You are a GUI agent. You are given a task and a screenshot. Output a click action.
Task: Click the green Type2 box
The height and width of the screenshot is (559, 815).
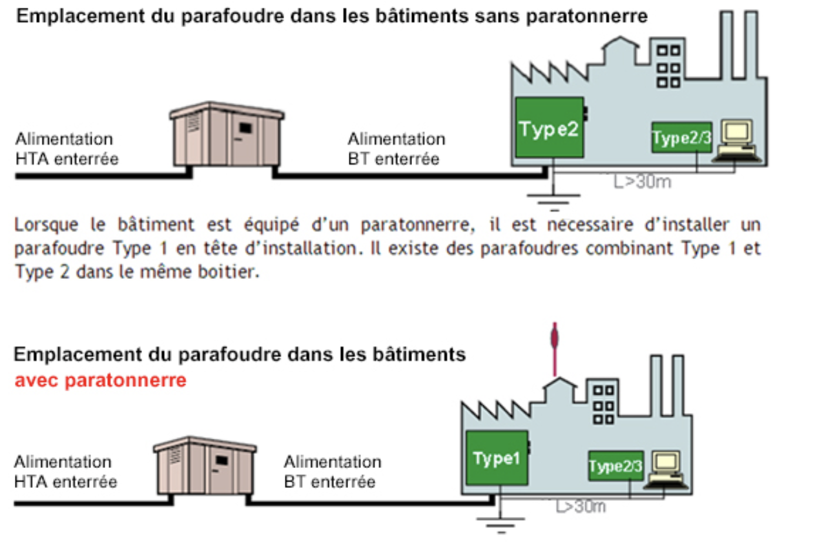(x=550, y=129)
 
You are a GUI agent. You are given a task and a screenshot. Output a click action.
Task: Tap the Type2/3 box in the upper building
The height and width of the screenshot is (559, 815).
(x=681, y=137)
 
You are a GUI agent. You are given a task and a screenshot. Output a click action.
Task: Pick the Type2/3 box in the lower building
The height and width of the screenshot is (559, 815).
(x=615, y=465)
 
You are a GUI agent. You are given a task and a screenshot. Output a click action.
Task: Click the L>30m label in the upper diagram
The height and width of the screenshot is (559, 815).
(x=642, y=182)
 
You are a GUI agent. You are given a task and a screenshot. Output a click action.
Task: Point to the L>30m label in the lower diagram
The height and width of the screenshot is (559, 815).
(x=581, y=507)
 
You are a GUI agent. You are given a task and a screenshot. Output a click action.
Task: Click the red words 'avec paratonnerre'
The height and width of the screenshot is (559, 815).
(x=100, y=381)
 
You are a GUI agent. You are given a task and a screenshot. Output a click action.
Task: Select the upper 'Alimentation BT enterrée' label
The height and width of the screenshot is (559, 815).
(x=396, y=148)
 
